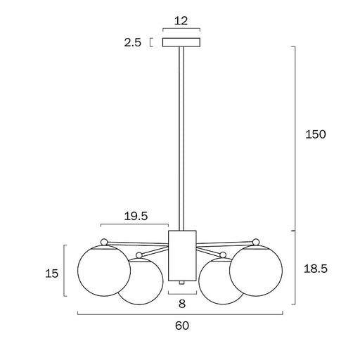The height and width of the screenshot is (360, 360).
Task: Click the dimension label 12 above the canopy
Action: [x=181, y=21]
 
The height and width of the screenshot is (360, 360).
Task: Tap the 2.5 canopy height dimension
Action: [x=133, y=43]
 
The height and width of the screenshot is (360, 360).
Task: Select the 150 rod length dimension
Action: [x=316, y=134]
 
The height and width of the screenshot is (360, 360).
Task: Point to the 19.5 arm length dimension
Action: [x=136, y=216]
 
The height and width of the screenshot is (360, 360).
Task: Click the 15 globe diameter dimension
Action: [x=51, y=274]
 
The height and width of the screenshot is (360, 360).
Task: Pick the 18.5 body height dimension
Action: [x=316, y=269]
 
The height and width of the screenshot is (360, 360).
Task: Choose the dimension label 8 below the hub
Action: [x=182, y=304]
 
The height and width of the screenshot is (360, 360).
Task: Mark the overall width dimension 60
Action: [x=182, y=326]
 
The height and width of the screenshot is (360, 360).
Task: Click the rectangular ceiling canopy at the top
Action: [x=181, y=42]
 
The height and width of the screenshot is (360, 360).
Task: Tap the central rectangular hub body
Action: [x=182, y=256]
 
